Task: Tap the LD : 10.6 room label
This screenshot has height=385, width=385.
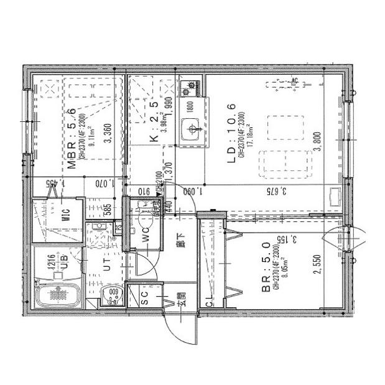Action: tap(231, 134)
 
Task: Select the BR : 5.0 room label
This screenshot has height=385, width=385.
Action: tap(265, 269)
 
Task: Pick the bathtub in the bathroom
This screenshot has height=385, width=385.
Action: tap(57, 296)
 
